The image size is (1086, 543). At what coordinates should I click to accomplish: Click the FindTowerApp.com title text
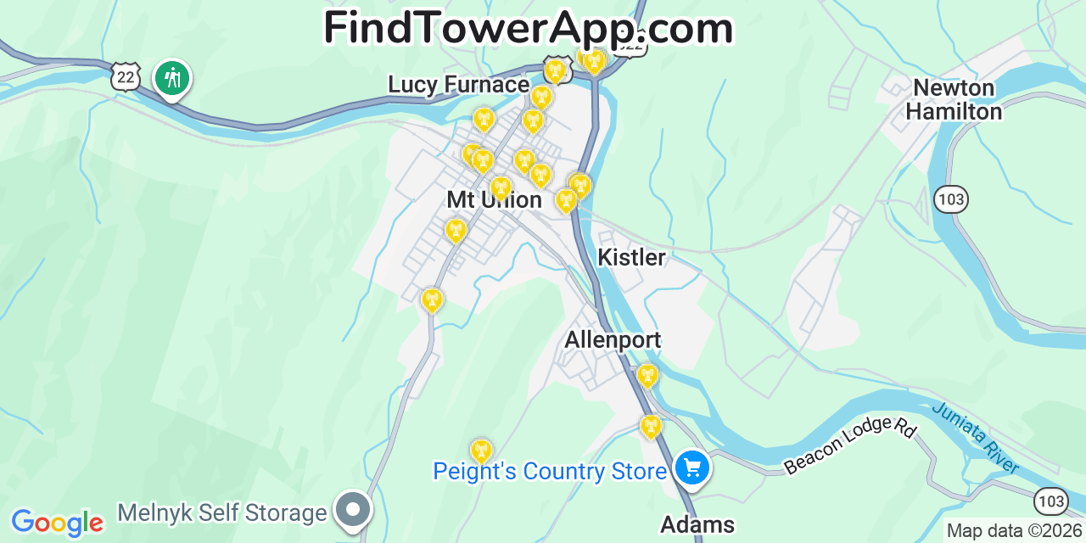[528, 29]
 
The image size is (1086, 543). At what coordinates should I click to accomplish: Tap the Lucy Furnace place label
[458, 85]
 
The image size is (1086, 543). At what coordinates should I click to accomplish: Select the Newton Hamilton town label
[954, 99]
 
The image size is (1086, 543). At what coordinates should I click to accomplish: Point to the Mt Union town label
[494, 200]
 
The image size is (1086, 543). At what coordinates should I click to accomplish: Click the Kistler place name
[631, 257]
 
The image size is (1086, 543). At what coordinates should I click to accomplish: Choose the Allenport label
[613, 340]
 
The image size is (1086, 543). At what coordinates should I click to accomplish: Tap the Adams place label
[697, 524]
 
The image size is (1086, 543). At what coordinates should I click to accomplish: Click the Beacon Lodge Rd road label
[850, 445]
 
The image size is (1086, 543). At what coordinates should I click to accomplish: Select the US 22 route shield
[125, 77]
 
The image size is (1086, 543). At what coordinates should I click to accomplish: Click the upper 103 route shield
[951, 199]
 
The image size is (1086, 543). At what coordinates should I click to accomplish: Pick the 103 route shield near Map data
[1051, 501]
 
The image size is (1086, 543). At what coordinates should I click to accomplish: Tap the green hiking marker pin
[172, 79]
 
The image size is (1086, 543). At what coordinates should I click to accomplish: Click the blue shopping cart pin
[692, 467]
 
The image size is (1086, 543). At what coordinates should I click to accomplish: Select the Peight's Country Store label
[550, 472]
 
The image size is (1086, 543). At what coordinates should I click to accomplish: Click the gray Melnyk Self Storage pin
[353, 509]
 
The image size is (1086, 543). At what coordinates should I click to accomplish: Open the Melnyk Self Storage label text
[222, 513]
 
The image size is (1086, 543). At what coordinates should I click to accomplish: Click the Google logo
[56, 523]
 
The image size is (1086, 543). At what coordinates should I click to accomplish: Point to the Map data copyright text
[1015, 531]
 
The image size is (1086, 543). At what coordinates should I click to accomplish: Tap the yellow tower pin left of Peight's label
[481, 451]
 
